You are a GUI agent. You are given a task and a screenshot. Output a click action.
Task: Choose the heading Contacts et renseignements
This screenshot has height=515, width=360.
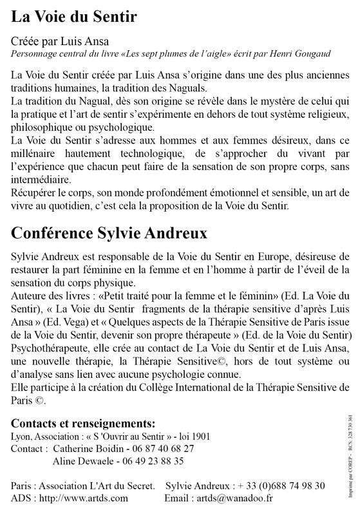pyautogui.click(x=84, y=424)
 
